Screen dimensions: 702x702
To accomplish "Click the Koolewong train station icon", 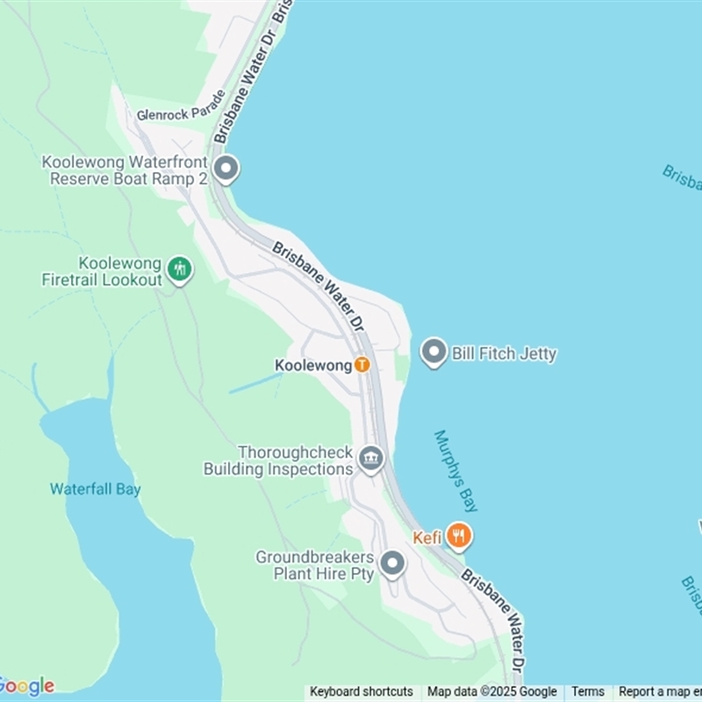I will click(362, 365).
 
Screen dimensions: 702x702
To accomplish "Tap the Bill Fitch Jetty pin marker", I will click(433, 354).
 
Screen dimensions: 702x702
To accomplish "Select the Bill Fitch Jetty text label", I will click(504, 355).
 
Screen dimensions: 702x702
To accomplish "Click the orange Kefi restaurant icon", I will click(458, 534).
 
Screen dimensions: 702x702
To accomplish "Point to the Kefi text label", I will click(427, 538).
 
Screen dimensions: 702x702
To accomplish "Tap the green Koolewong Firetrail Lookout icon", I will click(180, 269).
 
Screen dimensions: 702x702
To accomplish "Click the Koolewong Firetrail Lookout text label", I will click(103, 272).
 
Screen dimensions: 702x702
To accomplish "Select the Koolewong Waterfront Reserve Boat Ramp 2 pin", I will click(226, 168).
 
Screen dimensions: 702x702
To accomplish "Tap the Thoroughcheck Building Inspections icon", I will click(371, 457).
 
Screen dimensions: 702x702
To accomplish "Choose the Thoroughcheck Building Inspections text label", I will click(278, 461).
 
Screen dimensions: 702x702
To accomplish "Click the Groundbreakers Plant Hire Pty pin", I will click(392, 563).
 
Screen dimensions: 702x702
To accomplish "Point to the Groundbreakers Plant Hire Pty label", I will click(315, 566).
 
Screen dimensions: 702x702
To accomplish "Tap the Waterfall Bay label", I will click(95, 490).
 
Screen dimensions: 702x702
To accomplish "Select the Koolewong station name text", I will click(313, 365).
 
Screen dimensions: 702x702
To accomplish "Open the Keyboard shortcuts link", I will click(362, 691).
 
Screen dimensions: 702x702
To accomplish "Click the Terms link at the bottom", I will click(588, 691).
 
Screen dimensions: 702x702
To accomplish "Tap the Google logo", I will click(27, 686).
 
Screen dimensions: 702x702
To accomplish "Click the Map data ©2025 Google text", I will click(492, 691).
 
